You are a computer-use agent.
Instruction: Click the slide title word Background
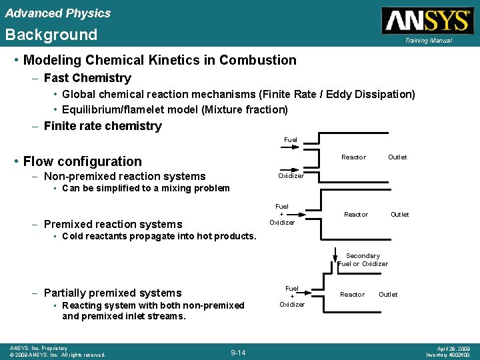pyautogui.click(x=51, y=35)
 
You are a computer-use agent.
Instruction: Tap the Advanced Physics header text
pyautogui.click(x=58, y=13)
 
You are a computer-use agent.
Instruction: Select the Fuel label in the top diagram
pyautogui.click(x=290, y=140)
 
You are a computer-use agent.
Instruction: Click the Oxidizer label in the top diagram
pyautogui.click(x=291, y=176)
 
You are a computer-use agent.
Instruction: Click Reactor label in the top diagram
pyautogui.click(x=353, y=157)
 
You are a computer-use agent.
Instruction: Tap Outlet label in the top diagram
pyautogui.click(x=397, y=157)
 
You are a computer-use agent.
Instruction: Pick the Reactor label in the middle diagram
pyautogui.click(x=355, y=215)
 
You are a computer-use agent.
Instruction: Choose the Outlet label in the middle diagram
pyautogui.click(x=399, y=215)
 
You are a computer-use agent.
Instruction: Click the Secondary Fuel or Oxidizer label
pyautogui.click(x=363, y=260)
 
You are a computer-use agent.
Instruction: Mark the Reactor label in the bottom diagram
pyautogui.click(x=352, y=295)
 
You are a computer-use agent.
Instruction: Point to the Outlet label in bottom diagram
pyautogui.click(x=388, y=295)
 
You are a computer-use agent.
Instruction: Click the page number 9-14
pyautogui.click(x=238, y=352)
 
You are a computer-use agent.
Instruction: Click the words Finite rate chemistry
pyautogui.click(x=102, y=126)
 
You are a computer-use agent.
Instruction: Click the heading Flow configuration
pyautogui.click(x=82, y=161)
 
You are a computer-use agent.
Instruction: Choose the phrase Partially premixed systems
pyautogui.click(x=112, y=293)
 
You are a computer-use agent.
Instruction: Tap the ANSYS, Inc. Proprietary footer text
pyautogui.click(x=39, y=348)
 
